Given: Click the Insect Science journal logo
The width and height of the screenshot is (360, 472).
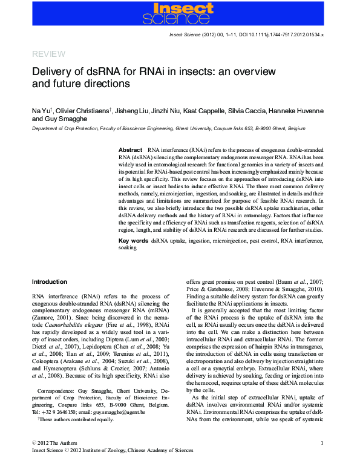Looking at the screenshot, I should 180,13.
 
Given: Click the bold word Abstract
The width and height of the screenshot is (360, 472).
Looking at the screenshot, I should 131,149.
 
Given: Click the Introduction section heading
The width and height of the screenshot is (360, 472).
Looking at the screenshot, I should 50,282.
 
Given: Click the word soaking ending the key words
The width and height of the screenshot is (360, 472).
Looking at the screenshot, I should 128,247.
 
